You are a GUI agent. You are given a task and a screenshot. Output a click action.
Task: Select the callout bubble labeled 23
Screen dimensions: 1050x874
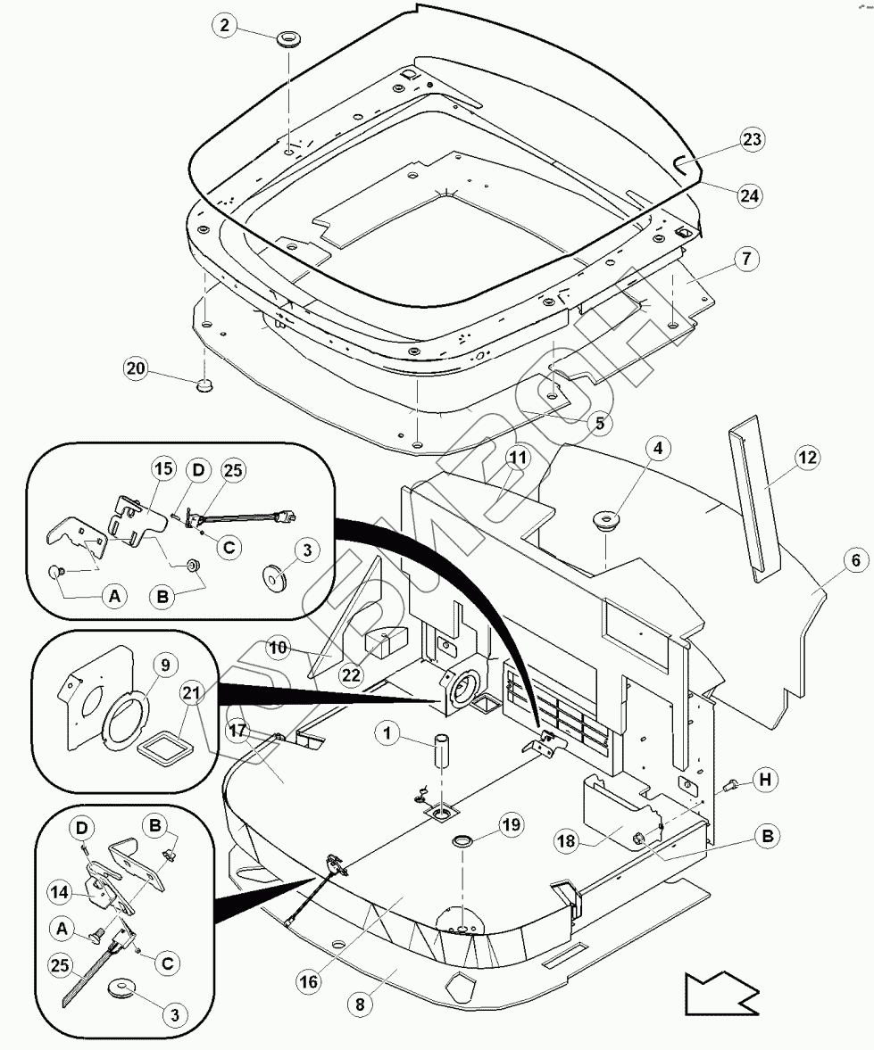(x=753, y=140)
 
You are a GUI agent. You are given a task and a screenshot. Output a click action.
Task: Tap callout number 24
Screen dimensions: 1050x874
(x=751, y=194)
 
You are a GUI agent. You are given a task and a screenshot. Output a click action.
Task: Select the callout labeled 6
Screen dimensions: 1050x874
(x=854, y=561)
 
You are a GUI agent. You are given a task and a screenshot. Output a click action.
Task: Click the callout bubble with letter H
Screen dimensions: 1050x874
(x=764, y=781)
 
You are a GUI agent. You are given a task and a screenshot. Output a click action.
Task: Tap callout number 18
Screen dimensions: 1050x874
(x=567, y=841)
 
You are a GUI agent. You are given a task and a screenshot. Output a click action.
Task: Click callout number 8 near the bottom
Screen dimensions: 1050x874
(x=361, y=1003)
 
